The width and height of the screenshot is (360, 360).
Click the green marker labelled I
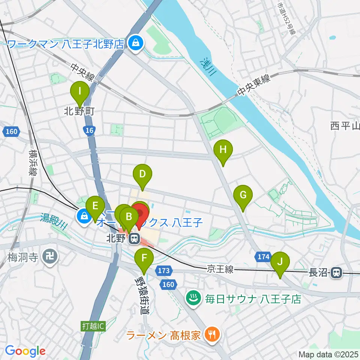(x=79, y=91)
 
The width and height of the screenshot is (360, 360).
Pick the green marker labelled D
(x=142, y=175)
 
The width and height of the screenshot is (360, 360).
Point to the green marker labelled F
(x=144, y=259)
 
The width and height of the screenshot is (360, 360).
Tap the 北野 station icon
(x=132, y=238)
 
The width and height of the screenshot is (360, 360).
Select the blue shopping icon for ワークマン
(x=133, y=43)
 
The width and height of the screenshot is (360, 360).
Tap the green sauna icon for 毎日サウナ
(x=194, y=299)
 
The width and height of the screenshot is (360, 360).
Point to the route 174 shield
(x=263, y=257)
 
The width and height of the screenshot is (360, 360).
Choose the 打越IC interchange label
(x=93, y=326)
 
